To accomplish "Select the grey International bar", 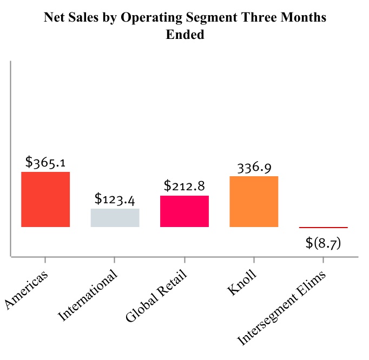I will click(x=115, y=217).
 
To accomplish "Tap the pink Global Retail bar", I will click(x=184, y=211).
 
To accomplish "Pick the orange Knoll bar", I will click(x=254, y=201).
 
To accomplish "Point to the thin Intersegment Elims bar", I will click(x=323, y=228).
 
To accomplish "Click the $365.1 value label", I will click(x=45, y=162).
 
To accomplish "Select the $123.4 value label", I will click(x=115, y=199).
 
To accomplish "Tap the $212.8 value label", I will click(x=184, y=186).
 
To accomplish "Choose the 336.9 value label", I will click(x=254, y=167).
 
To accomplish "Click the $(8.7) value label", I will click(x=323, y=243).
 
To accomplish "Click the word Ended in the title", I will click(x=184, y=35).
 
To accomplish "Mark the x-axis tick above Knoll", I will click(x=254, y=261).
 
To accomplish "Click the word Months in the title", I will click(x=306, y=18).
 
